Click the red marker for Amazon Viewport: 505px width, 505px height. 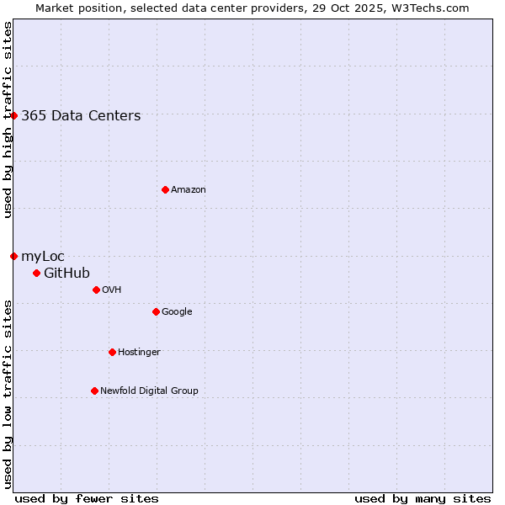165,189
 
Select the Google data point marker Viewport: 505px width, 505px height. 156,311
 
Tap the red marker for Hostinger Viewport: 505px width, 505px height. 112,352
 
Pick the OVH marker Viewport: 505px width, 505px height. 96,290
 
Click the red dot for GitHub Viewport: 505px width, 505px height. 36,273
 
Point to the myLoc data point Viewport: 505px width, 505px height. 13,256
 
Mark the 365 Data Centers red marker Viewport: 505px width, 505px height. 13,115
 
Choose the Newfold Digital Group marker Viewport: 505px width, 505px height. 94,391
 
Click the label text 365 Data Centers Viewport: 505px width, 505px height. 81,116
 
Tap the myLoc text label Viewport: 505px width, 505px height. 43,257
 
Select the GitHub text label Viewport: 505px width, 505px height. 66,273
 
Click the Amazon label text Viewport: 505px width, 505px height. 189,190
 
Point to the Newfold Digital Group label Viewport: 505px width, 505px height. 149,391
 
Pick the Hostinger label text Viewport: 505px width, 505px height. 139,352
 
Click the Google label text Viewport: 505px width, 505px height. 177,311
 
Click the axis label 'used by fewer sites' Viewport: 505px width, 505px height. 87,498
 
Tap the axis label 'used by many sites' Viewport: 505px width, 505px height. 423,498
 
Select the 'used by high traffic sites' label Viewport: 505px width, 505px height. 8,120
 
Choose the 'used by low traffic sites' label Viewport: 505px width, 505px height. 8,394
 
